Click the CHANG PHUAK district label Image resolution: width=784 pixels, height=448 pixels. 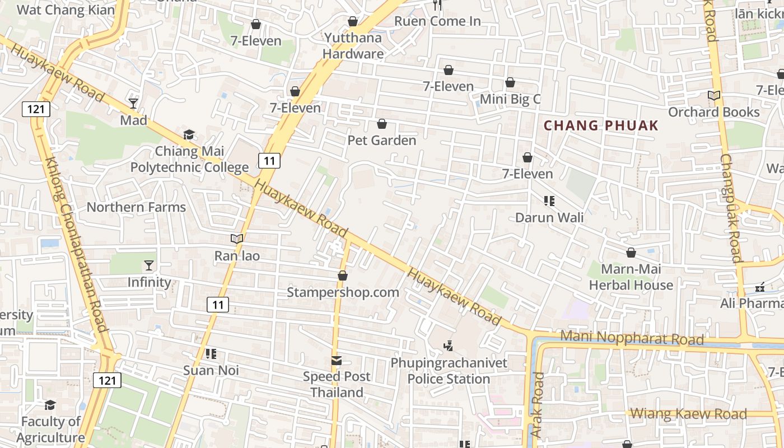pyautogui.click(x=601, y=125)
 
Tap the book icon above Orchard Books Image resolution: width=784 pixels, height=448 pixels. pyautogui.click(x=714, y=96)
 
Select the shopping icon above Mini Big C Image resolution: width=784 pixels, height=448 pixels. pyautogui.click(x=510, y=83)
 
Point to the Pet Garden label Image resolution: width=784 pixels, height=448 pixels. pyautogui.click(x=382, y=140)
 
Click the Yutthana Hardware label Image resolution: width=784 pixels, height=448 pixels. pyautogui.click(x=353, y=46)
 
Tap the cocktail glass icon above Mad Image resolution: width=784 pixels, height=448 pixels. pyautogui.click(x=133, y=104)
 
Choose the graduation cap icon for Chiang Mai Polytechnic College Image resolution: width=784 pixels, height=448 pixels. pyautogui.click(x=189, y=135)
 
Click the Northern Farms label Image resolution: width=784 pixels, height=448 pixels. pyautogui.click(x=136, y=207)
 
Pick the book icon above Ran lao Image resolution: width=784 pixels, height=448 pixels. pyautogui.click(x=237, y=239)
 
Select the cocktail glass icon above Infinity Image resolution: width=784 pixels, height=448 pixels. pyautogui.click(x=149, y=265)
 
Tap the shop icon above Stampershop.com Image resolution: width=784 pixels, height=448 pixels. pyautogui.click(x=343, y=276)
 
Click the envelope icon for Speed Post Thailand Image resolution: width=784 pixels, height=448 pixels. pyautogui.click(x=337, y=360)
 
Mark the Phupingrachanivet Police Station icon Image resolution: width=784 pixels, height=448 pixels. pyautogui.click(x=448, y=346)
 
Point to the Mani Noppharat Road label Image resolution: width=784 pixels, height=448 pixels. pyautogui.click(x=632, y=338)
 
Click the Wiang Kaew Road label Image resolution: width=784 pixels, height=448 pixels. pyautogui.click(x=688, y=414)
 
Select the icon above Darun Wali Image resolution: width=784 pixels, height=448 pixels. pyautogui.click(x=549, y=200)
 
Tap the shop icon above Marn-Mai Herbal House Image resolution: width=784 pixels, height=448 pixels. pyautogui.click(x=631, y=253)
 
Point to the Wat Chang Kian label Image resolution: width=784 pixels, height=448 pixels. pyautogui.click(x=66, y=10)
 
